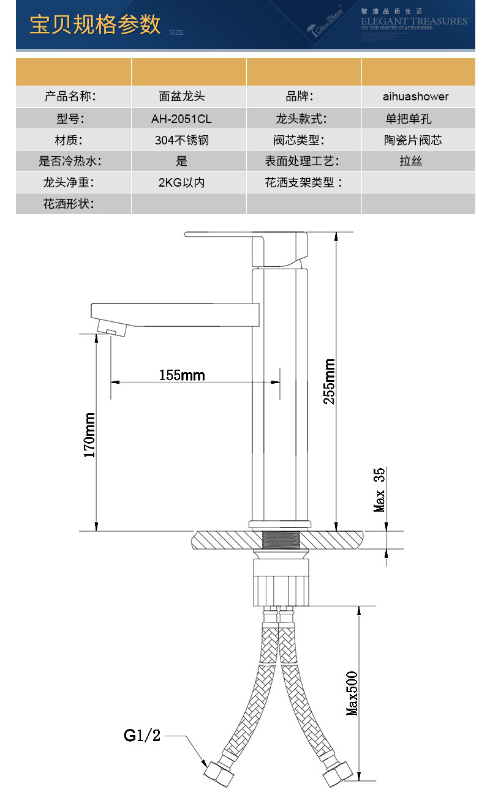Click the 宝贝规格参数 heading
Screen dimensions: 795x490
95,24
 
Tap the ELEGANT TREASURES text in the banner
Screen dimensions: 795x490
413,21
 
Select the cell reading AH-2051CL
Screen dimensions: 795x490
181,119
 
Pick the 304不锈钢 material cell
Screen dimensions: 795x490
181,140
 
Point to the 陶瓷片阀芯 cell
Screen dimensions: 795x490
413,140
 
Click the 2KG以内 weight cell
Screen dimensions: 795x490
181,182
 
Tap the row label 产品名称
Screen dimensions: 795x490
70,97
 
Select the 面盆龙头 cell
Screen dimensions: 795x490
181,97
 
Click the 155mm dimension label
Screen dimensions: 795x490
182,375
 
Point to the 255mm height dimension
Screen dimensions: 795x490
330,381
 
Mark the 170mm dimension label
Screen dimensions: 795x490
90,435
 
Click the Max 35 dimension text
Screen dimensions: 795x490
380,490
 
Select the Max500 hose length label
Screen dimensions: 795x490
352,693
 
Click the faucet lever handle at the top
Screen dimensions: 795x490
245,235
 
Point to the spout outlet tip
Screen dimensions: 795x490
111,331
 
